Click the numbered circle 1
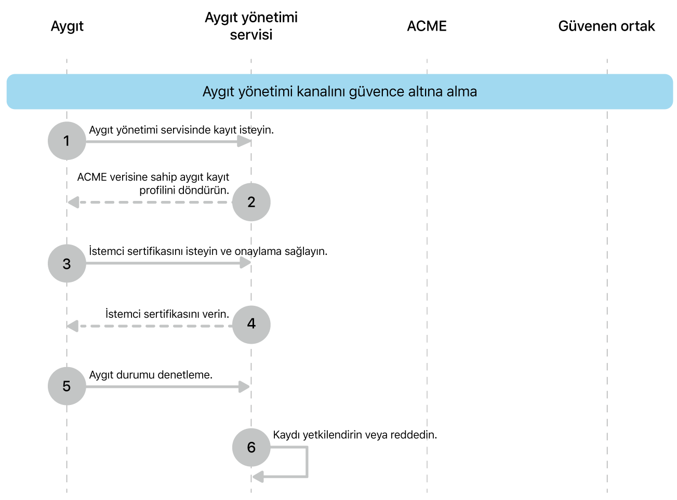pos(67,141)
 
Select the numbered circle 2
pos(251,202)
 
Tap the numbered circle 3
pos(67,264)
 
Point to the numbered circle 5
pos(67,386)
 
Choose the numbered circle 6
pos(251,447)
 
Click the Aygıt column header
pos(67,26)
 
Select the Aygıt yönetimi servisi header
pos(251,26)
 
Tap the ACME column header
pos(427,26)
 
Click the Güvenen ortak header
pos(606,26)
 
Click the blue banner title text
pos(339,92)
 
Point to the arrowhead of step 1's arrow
pos(244,141)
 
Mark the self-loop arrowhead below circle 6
pos(258,476)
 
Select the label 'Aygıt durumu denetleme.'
pos(151,375)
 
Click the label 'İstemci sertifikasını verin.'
pos(167,314)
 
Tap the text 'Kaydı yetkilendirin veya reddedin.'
pos(355,435)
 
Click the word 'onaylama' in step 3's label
pos(258,251)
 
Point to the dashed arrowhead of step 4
pos(73,326)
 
